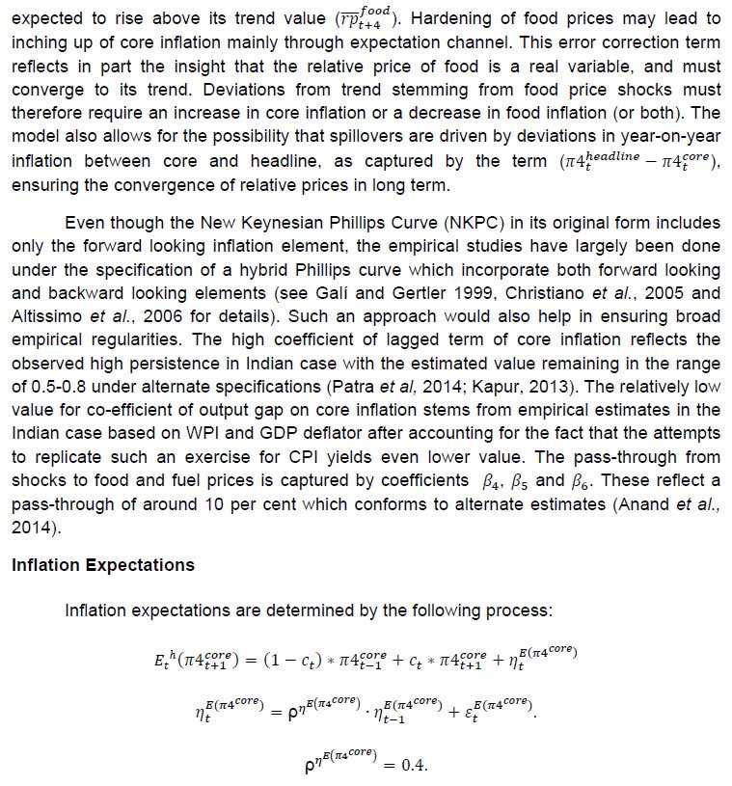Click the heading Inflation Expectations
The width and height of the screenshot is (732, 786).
(102, 565)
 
